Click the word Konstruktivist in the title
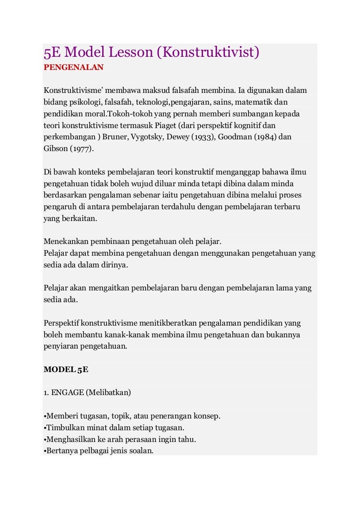point(208,53)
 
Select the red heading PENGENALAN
point(73,67)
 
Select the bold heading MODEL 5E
point(66,369)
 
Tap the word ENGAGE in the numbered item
point(67,393)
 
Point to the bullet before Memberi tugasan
point(45,417)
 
